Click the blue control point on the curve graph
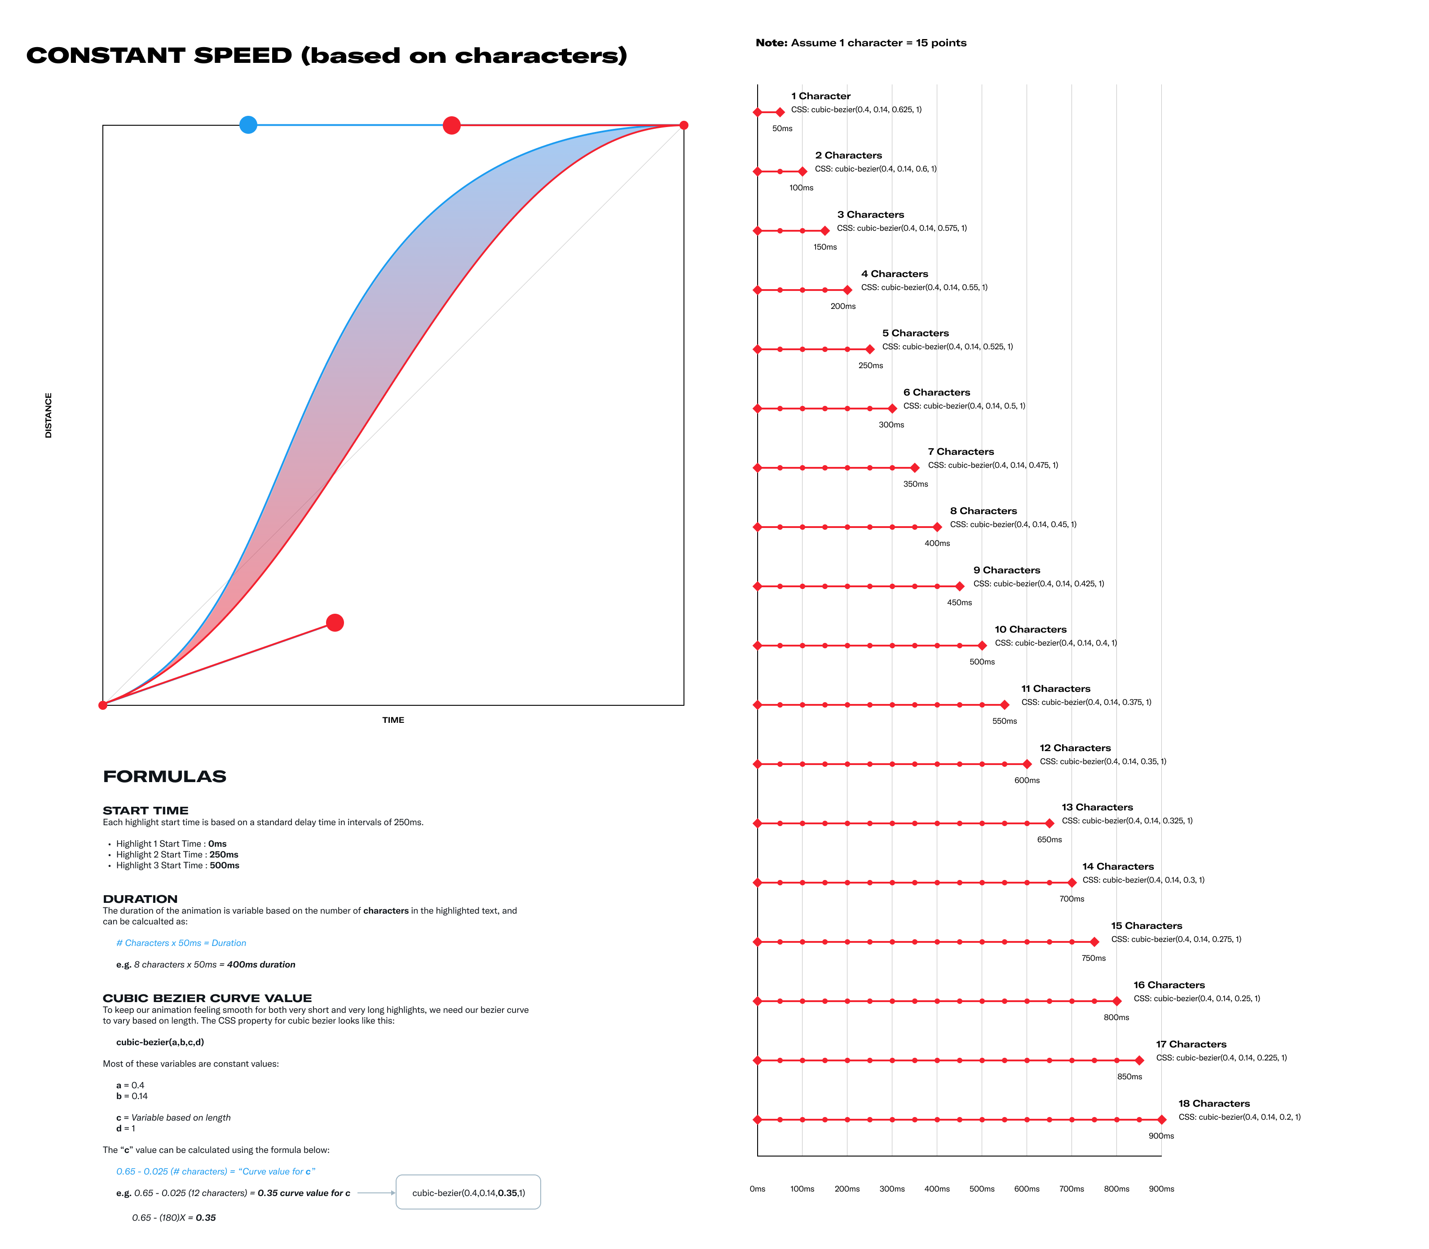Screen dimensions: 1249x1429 [x=248, y=125]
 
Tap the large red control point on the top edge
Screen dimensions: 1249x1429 [x=452, y=125]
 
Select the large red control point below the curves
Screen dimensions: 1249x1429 [x=335, y=622]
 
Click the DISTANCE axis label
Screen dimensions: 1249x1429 [x=48, y=415]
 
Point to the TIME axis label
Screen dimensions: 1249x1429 [x=393, y=720]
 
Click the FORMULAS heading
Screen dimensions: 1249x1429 [x=164, y=776]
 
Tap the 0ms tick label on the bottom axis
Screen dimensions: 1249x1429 [x=758, y=1189]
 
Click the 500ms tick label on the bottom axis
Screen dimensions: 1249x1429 [x=981, y=1189]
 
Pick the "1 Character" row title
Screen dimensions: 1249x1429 [x=820, y=96]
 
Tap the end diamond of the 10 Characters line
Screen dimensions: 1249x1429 [x=982, y=646]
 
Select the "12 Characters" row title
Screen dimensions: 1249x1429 [x=1075, y=748]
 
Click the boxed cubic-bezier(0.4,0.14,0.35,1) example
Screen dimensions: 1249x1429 [x=468, y=1192]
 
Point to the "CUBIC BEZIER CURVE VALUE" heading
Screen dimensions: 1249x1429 [x=207, y=998]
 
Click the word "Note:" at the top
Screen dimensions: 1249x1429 [x=772, y=43]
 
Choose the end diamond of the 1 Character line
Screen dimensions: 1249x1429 [x=780, y=112]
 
